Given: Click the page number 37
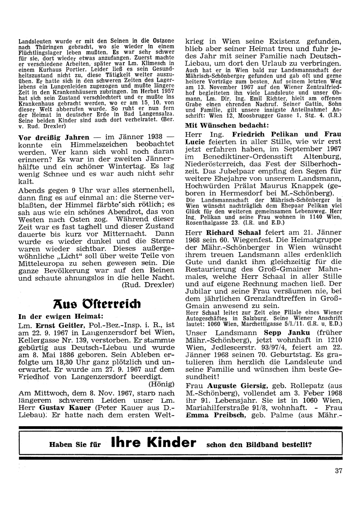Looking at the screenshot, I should [338, 470].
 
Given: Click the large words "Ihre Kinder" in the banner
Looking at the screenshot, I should [154, 443].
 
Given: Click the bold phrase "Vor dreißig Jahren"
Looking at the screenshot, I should [54, 137].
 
